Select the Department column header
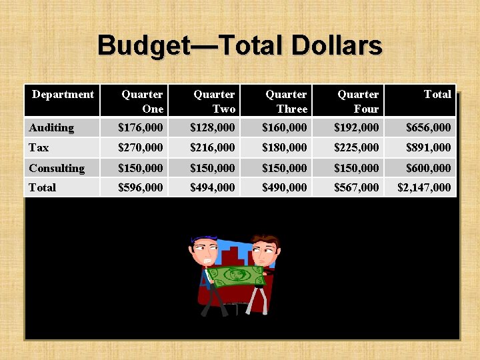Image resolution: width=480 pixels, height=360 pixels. pos(63,95)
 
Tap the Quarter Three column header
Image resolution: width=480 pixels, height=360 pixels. pos(286,101)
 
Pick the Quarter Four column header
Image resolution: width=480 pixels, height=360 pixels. pos(358,101)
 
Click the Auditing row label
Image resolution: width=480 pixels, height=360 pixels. pos(51,127)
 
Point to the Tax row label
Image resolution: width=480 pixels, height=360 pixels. pos(39,147)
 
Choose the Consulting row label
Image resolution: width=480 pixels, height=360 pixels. pos(57,168)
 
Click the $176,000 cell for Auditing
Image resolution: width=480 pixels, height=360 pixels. pos(140,127)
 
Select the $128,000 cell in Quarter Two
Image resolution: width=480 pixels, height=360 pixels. pos(212,127)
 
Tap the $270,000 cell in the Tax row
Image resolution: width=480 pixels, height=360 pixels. pos(140,147)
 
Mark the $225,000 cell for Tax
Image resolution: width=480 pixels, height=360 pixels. pos(356,147)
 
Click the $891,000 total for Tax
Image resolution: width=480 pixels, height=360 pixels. pos(428,147)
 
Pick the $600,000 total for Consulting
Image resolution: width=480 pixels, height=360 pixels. pos(428,168)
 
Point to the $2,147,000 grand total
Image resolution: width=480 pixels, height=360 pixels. pos(424,188)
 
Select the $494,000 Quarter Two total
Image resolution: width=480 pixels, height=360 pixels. pos(212,188)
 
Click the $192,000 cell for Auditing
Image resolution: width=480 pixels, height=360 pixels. pos(356,127)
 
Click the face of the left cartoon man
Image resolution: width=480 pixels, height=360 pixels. pos(206,251)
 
